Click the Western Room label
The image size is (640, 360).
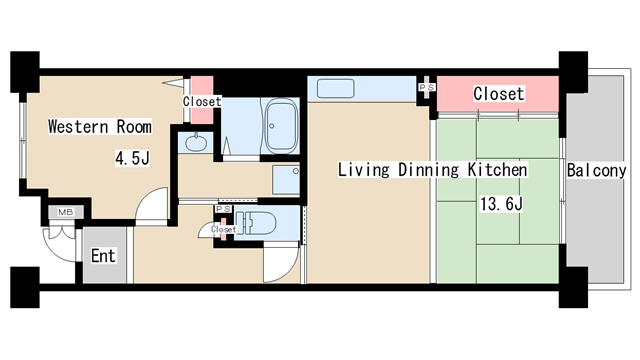[100, 127]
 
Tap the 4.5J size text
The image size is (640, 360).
[132, 158]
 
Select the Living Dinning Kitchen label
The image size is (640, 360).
[433, 170]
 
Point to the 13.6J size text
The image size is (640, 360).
[501, 204]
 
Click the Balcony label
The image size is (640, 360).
[596, 170]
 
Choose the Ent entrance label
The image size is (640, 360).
[103, 256]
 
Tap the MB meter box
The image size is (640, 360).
[66, 212]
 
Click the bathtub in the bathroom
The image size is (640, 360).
[281, 125]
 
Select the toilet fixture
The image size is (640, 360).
[255, 223]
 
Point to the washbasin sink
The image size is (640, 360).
[196, 142]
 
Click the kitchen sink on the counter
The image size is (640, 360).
[336, 89]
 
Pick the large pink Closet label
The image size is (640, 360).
[498, 94]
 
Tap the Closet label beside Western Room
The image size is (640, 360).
[202, 101]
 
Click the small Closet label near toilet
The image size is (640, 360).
[223, 230]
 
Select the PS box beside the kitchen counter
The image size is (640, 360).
[427, 87]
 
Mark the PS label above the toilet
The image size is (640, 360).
[223, 209]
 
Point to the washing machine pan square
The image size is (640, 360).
[286, 180]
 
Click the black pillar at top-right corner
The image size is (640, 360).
[573, 72]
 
